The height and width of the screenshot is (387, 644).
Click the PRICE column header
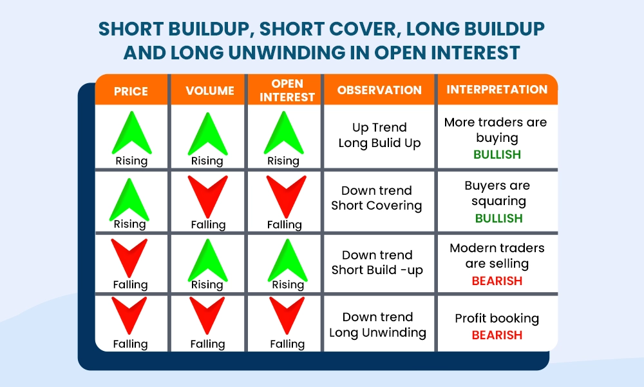tap(131, 91)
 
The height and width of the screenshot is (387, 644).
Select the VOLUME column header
tap(210, 91)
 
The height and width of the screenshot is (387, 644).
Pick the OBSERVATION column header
tap(379, 90)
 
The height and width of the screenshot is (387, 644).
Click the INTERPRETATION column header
tap(497, 90)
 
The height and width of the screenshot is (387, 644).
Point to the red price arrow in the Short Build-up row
tap(129, 257)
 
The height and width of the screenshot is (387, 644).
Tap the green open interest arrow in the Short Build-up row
tap(286, 258)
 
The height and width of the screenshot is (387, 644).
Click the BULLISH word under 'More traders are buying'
tap(497, 155)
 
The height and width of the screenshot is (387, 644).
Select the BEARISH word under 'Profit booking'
tap(497, 335)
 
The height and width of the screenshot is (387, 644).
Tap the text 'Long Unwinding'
tap(377, 333)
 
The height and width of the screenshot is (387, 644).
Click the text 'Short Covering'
tap(377, 206)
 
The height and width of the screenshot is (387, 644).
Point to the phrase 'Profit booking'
tap(497, 319)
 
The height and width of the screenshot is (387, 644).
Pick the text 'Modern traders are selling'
tap(497, 256)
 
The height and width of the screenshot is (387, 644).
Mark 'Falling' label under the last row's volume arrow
tap(208, 344)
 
